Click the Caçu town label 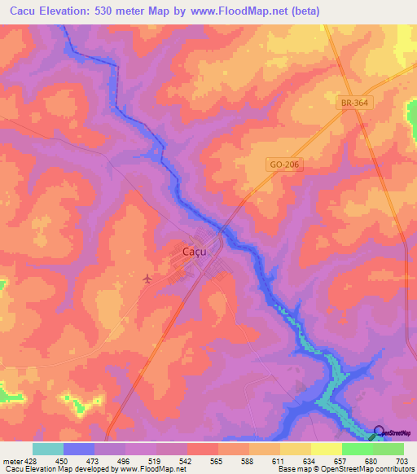tap(194, 252)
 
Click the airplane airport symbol tap(147, 279)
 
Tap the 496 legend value tap(125, 460)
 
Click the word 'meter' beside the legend tap(11, 460)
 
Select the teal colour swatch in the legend tap(48, 449)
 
